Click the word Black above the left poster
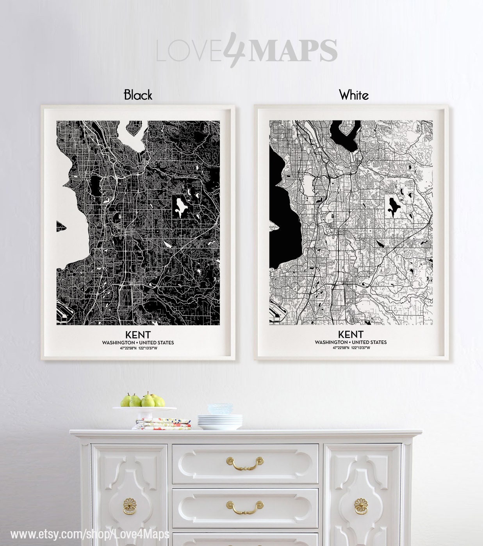tap(138, 95)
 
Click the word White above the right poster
tap(354, 95)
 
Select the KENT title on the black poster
tap(138, 335)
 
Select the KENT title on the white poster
tap(351, 334)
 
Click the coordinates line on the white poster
tap(351, 347)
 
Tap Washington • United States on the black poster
tap(138, 342)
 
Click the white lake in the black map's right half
tap(180, 206)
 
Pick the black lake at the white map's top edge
tap(344, 135)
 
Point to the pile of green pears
tap(143, 400)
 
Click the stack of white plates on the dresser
tap(220, 422)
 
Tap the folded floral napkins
tap(163, 423)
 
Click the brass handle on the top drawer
tap(245, 464)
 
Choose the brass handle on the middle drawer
tap(245, 507)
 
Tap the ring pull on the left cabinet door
tap(130, 506)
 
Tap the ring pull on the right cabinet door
tap(361, 506)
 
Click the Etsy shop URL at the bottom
tap(90, 534)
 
